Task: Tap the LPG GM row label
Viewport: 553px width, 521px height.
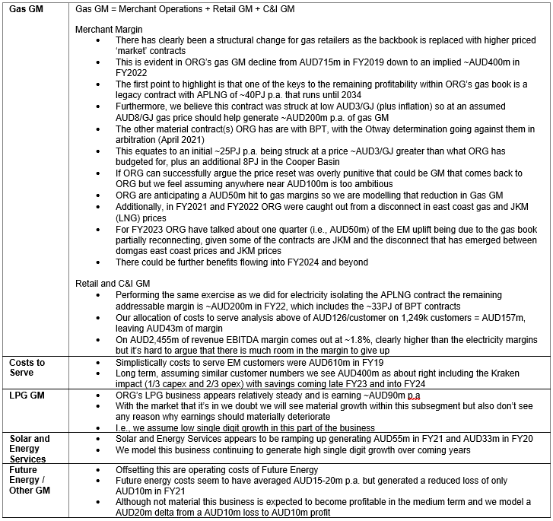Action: (x=26, y=396)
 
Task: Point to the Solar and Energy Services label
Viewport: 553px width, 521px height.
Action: (x=30, y=449)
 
